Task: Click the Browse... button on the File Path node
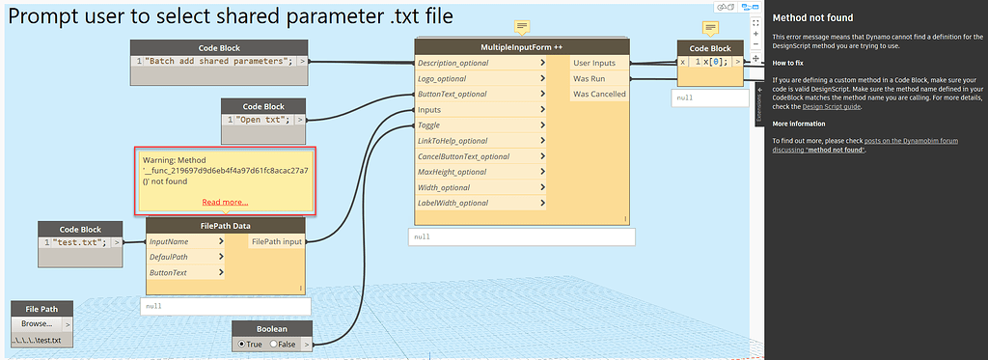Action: (36, 323)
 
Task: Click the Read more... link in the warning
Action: (225, 202)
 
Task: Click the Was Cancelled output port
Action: (599, 94)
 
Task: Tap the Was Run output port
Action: (589, 78)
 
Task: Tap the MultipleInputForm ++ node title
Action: (521, 47)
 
